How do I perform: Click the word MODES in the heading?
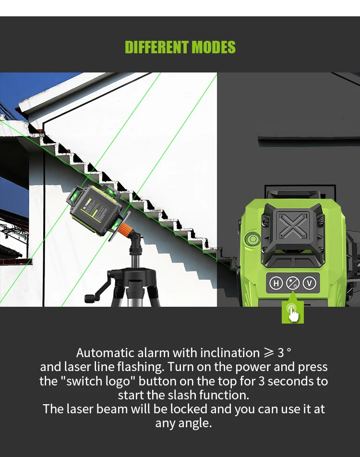pyautogui.click(x=214, y=47)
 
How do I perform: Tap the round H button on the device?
pyautogui.click(x=276, y=283)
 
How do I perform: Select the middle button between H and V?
pyautogui.click(x=293, y=283)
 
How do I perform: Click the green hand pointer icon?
pyautogui.click(x=292, y=313)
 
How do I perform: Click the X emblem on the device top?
pyautogui.click(x=292, y=225)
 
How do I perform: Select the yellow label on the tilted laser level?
pyautogui.click(x=94, y=210)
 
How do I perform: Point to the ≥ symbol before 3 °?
pyautogui.click(x=269, y=353)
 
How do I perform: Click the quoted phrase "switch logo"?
pyautogui.click(x=97, y=381)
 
